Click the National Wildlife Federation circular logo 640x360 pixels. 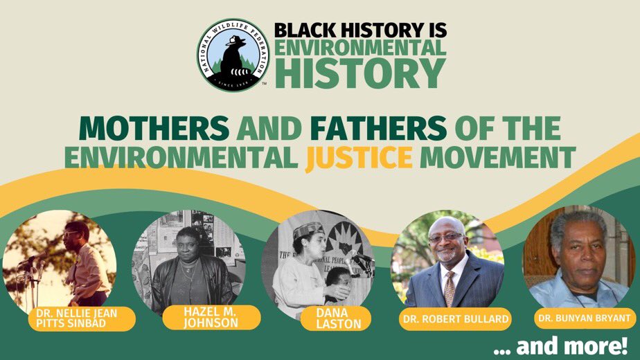pyautogui.click(x=231, y=55)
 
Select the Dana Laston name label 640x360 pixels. pyautogui.click(x=336, y=318)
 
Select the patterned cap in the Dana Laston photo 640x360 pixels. pyautogui.click(x=308, y=230)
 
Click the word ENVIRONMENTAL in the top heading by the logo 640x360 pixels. pyautogui.click(x=359, y=48)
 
